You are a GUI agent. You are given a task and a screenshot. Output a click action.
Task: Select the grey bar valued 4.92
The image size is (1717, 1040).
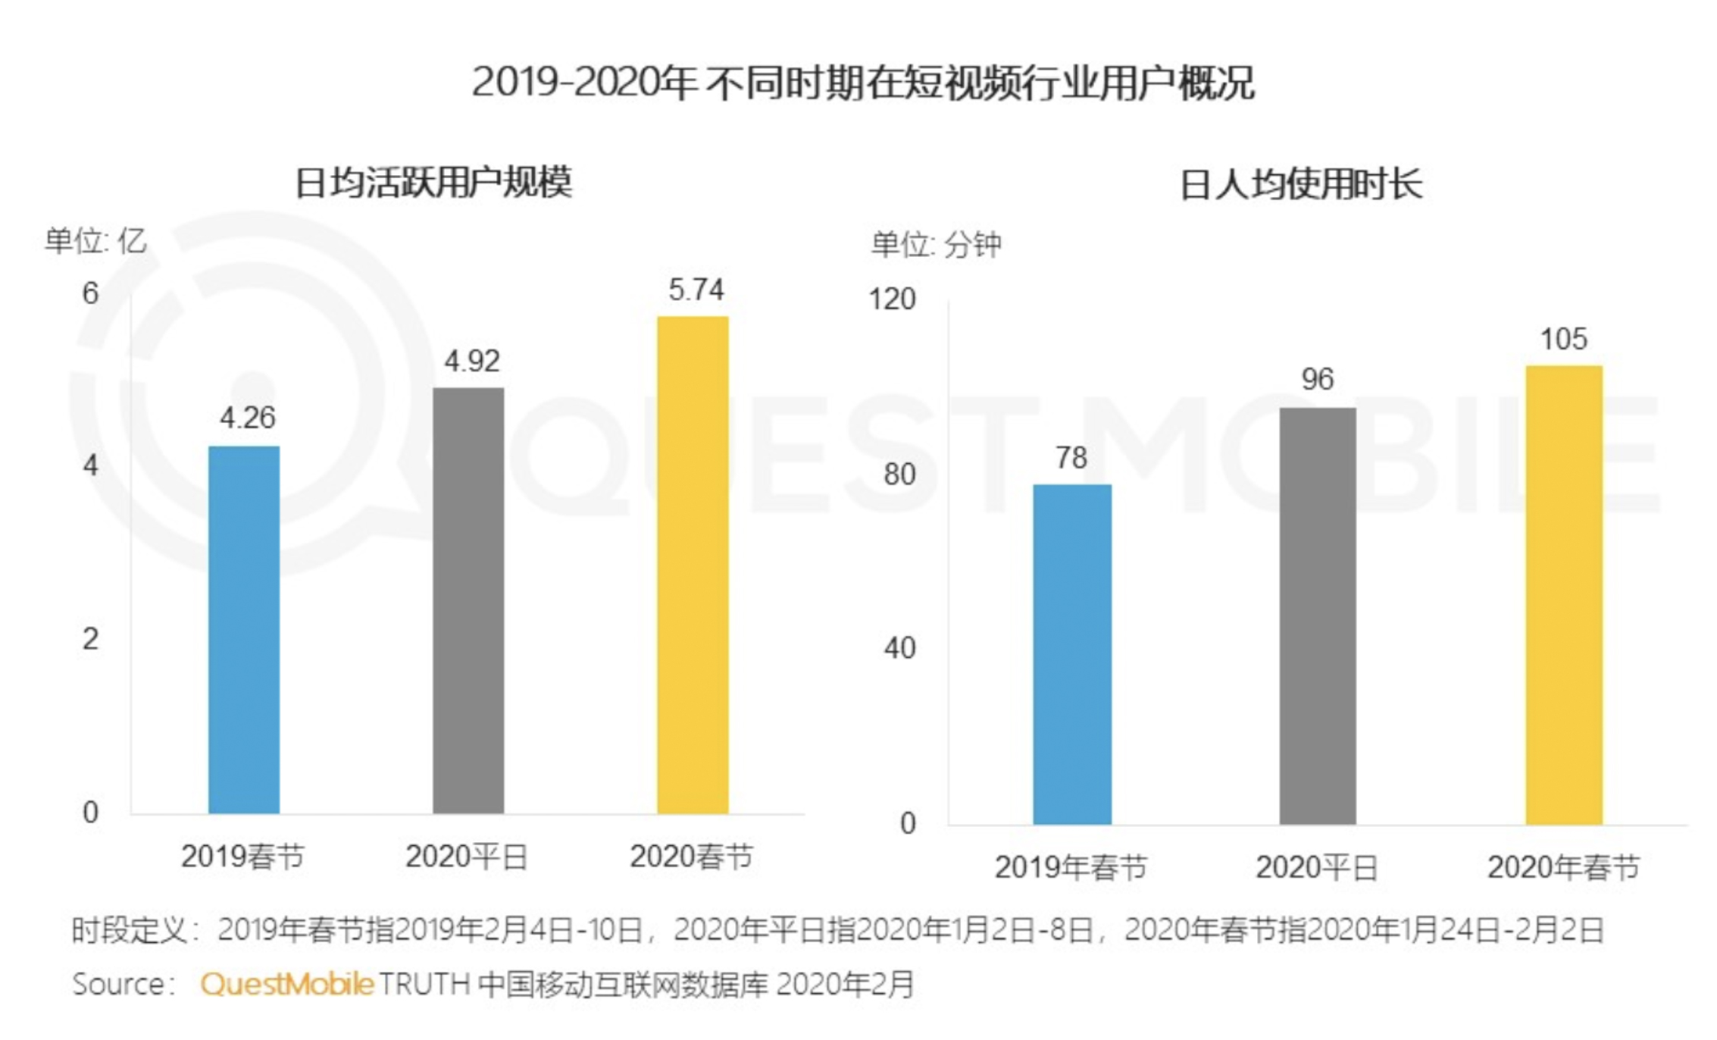[468, 600]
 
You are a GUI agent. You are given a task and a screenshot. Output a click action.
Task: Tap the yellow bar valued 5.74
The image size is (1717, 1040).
[693, 565]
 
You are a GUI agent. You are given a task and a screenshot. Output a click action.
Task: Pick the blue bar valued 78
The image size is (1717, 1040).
[1072, 653]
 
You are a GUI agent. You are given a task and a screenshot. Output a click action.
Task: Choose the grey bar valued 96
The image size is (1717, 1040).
[1318, 616]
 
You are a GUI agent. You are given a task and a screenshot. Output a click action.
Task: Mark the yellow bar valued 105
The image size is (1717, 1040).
[1564, 594]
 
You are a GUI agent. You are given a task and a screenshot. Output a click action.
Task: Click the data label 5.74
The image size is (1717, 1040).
[696, 290]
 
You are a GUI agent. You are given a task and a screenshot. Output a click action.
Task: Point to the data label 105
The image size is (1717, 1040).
[1563, 339]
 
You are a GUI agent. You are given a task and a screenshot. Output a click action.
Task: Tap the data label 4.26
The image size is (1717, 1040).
[248, 418]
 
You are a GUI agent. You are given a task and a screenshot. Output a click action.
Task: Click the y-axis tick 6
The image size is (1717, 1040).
[90, 293]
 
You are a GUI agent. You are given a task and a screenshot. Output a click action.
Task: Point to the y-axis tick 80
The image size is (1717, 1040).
[899, 475]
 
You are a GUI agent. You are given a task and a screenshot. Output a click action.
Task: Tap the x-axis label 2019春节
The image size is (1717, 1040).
[242, 857]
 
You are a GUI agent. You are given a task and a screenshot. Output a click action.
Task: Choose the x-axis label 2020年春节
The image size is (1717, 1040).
[1563, 867]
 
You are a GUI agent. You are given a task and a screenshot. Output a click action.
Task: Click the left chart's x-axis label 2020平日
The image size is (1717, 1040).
[467, 857]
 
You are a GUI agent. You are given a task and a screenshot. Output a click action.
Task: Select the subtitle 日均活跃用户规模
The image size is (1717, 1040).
[433, 183]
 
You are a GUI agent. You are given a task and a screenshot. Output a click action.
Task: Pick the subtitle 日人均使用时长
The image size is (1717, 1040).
[1301, 185]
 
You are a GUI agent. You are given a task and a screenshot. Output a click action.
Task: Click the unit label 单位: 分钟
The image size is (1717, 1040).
[936, 244]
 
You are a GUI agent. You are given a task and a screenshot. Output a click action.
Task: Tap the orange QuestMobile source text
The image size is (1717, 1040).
[287, 984]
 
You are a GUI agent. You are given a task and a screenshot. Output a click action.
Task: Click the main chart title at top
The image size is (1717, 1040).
[863, 82]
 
